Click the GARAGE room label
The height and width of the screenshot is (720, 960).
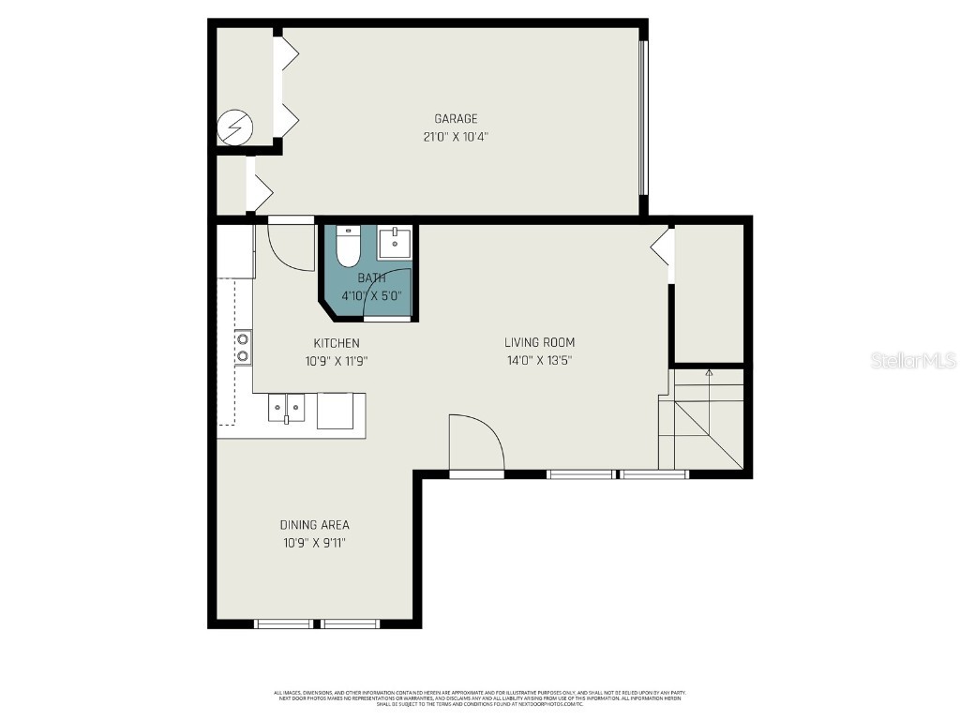tap(456, 119)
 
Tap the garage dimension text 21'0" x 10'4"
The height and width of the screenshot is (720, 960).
tap(456, 137)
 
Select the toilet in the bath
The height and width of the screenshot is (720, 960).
tap(348, 247)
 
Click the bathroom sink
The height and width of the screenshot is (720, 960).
tap(393, 244)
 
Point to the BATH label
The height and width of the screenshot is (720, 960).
tap(371, 278)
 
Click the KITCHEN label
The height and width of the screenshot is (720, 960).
tap(336, 343)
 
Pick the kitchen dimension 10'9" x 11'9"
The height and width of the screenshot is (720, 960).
tap(336, 360)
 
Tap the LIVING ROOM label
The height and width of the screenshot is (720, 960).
tap(539, 342)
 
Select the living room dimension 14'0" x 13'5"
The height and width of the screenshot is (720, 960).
tap(539, 360)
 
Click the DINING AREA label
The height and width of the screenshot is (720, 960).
tap(314, 525)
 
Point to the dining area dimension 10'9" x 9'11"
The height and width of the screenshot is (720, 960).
tap(314, 543)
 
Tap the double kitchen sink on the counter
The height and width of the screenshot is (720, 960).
tap(287, 408)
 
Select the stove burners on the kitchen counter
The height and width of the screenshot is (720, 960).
tap(243, 346)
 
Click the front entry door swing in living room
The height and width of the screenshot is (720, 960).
tap(476, 443)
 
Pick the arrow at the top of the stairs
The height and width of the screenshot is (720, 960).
tap(709, 373)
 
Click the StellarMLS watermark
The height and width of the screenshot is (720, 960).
tap(912, 360)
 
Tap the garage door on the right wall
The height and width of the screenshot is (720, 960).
tap(643, 117)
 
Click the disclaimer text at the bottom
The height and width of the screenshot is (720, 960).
tap(479, 697)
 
